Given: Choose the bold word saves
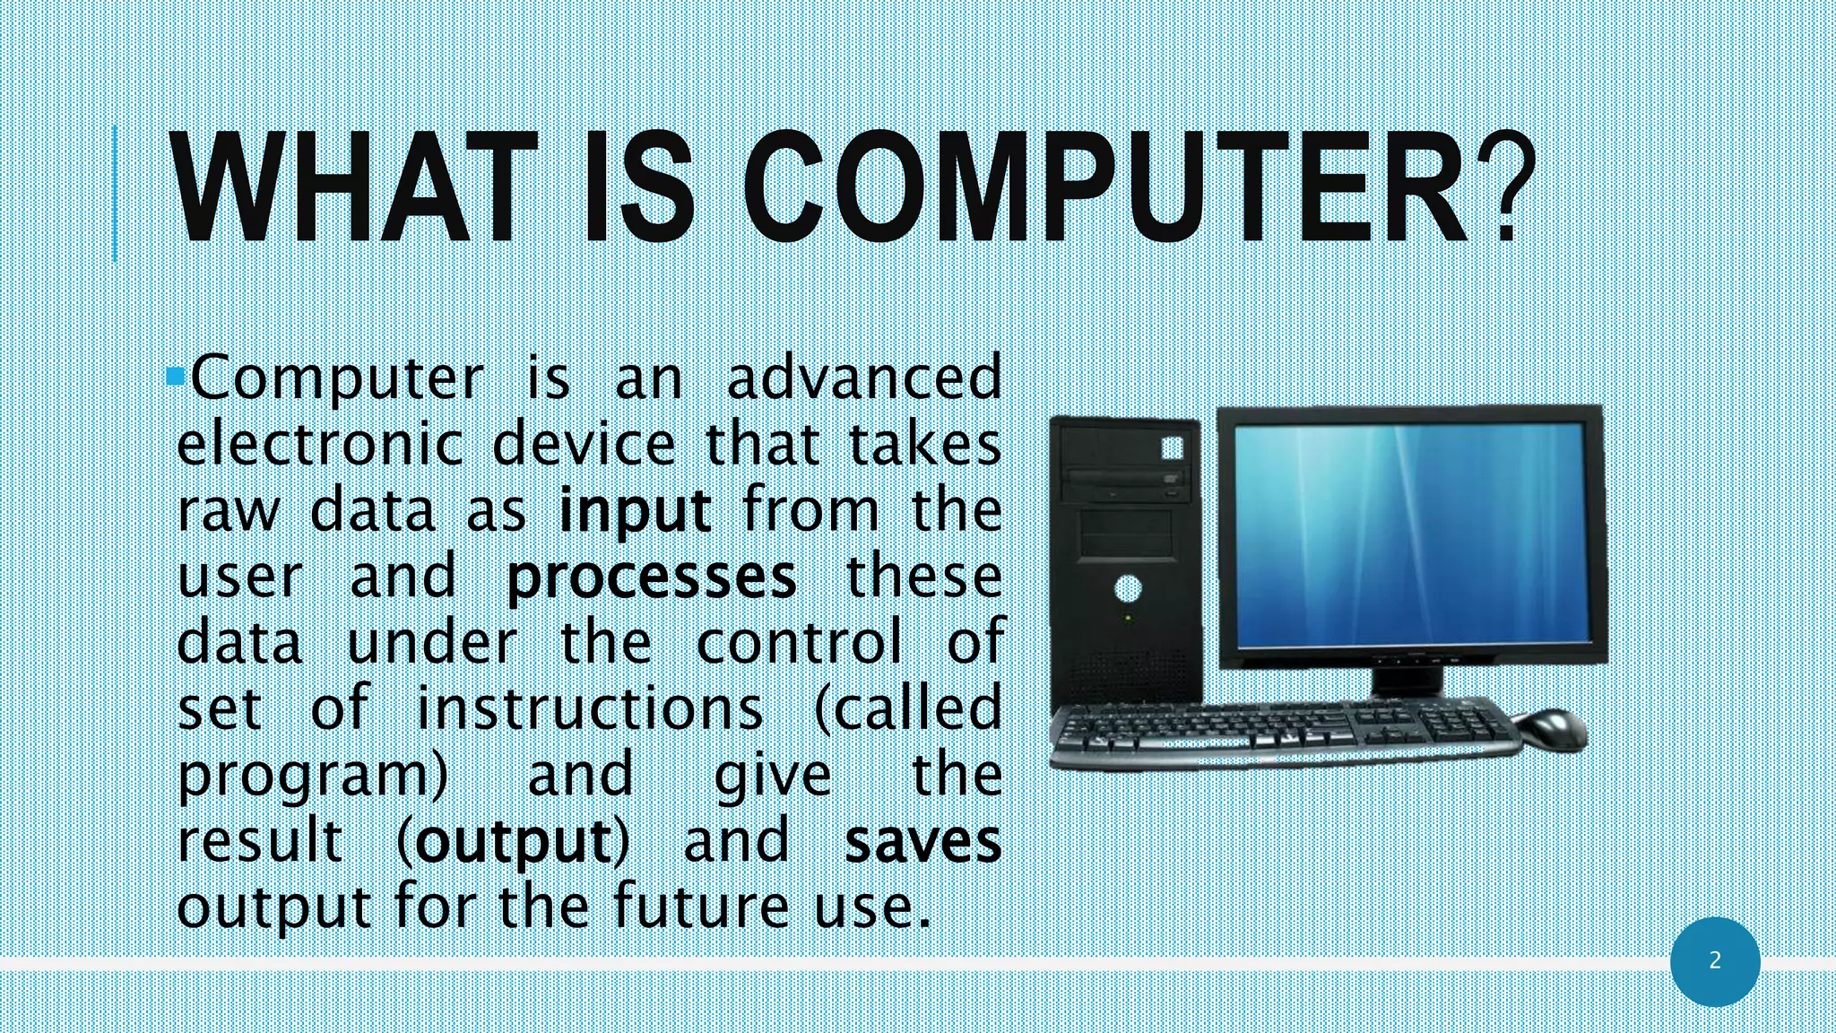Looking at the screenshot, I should (923, 842).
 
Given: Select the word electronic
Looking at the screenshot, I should (320, 445).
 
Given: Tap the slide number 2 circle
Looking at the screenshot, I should (1715, 961).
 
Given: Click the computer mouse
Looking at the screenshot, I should (1548, 728).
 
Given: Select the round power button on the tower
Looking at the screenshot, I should (1128, 589).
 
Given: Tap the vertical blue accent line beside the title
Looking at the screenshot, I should (115, 193).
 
